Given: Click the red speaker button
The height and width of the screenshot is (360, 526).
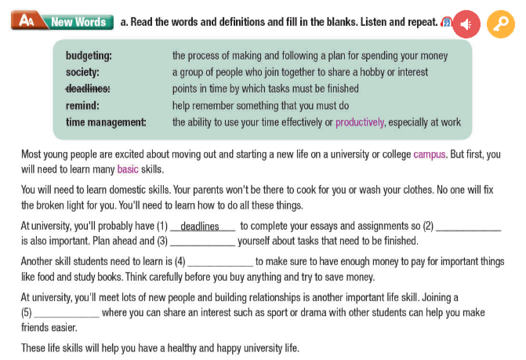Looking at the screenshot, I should point(466,24).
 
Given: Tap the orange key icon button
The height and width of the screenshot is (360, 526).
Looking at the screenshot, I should point(499,24).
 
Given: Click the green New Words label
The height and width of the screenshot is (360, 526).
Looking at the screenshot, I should point(78,22).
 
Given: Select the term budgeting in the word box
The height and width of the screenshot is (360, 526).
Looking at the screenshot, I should point(89,56).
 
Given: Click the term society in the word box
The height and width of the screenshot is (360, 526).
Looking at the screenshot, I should point(82,72).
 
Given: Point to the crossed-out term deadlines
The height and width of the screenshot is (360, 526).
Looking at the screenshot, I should point(88,89).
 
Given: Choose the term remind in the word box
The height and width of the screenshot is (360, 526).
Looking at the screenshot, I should point(82,105).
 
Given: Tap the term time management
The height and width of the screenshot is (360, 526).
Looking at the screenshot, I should point(106,122).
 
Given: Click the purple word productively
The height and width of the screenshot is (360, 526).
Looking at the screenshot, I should point(360,122).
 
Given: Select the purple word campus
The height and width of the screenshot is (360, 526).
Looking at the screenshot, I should point(429,155).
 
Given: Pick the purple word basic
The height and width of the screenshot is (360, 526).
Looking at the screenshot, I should point(127,169).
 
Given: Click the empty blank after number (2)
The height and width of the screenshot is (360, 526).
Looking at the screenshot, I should point(468,227).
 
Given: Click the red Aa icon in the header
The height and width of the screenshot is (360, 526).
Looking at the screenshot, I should point(27,21).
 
